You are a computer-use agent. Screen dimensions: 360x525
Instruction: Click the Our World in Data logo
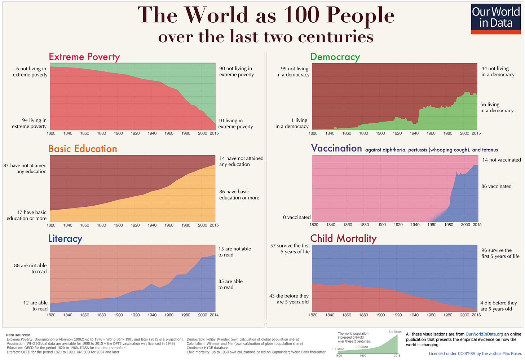496,19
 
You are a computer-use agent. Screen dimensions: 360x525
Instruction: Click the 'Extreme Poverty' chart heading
84,57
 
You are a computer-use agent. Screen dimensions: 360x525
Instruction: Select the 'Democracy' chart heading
335,57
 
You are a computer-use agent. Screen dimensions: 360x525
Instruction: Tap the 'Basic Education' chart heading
83,149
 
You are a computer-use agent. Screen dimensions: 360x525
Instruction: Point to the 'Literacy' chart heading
65,238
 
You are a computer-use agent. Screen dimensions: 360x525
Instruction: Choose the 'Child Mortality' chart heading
343,238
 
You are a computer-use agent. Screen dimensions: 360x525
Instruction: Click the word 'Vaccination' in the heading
336,148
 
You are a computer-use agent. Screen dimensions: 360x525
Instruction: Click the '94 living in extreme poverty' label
30,123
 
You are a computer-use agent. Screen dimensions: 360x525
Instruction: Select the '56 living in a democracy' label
497,107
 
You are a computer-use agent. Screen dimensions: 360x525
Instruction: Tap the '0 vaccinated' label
296,217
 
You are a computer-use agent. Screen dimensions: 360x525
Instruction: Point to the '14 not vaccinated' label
501,160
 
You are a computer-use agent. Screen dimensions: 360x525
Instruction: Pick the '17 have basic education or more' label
27,215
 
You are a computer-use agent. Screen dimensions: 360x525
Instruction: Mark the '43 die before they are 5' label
289,299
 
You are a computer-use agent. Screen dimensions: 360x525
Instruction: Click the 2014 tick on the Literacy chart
214,315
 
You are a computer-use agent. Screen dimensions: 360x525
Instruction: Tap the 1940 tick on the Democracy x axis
414,133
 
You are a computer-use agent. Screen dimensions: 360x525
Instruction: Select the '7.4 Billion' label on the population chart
395,332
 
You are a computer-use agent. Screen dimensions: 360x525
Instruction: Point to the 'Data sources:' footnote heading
18,335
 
